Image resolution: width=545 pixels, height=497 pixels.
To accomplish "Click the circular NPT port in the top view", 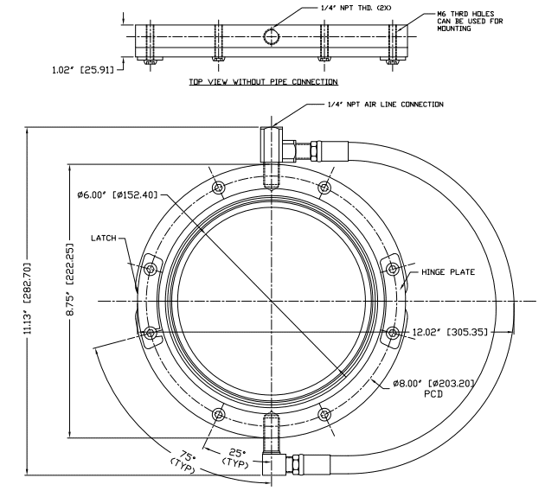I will tap(272, 37).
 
